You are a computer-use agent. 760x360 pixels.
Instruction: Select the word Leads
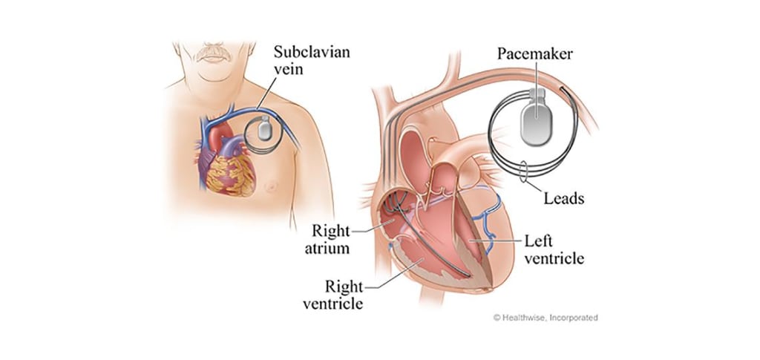point(564,199)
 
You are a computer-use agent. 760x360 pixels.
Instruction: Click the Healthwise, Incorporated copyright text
point(546,318)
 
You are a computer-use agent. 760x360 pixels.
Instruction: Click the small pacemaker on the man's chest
point(265,131)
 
